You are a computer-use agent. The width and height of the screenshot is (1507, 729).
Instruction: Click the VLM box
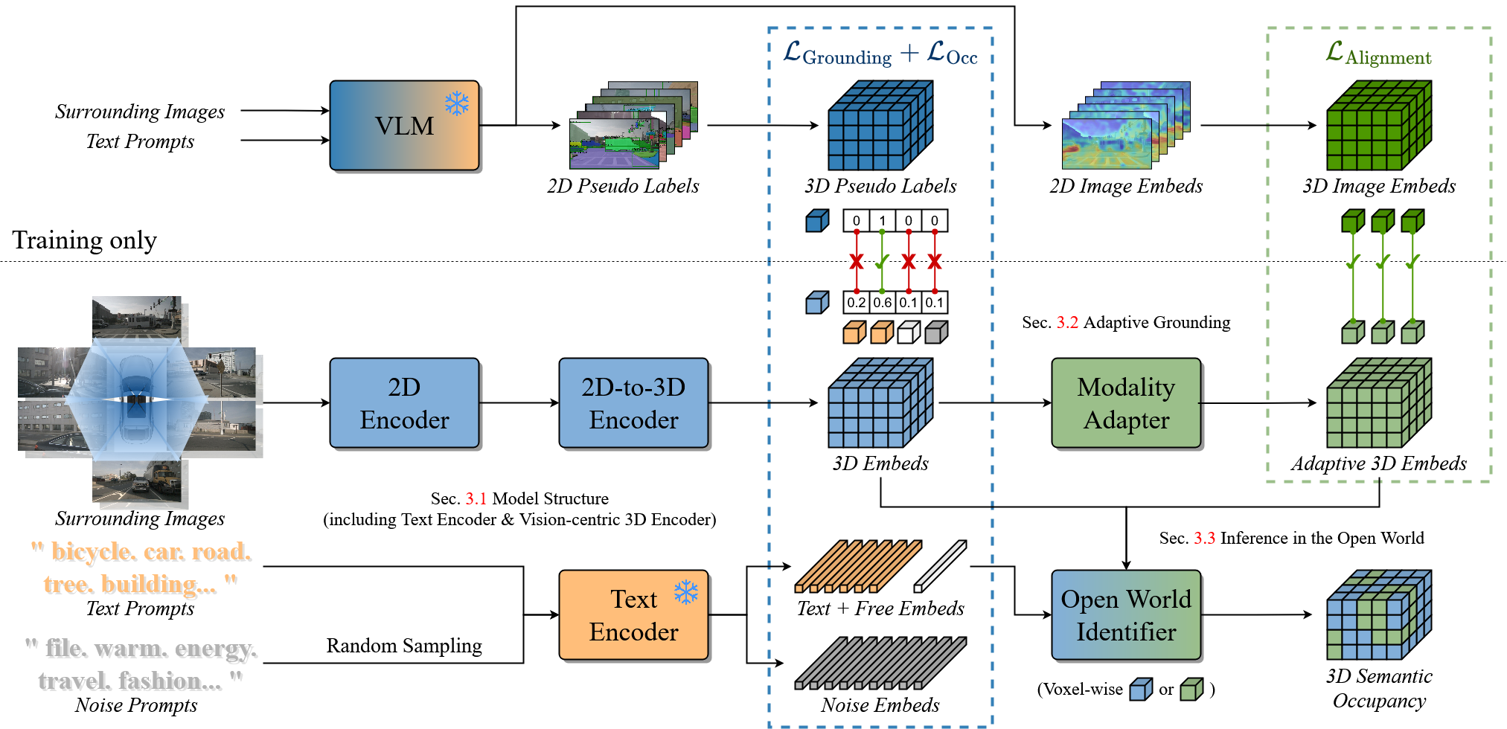(404, 125)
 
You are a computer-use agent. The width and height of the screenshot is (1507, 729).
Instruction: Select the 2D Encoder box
(404, 402)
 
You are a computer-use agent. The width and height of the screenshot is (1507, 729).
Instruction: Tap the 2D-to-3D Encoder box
(633, 402)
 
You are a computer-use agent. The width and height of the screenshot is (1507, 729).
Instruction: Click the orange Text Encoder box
(633, 614)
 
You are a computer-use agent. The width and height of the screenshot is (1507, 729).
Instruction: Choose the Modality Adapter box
(1125, 402)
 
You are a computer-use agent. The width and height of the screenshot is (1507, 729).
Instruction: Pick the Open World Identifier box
(1125, 614)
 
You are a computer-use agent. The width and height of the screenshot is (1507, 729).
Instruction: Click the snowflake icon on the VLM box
(457, 103)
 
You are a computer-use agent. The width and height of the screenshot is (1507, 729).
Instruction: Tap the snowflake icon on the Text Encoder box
(686, 592)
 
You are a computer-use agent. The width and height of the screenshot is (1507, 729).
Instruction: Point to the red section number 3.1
(476, 498)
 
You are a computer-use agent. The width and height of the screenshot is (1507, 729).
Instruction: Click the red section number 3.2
(1067, 322)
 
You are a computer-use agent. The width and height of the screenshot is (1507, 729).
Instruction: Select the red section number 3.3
(1204, 538)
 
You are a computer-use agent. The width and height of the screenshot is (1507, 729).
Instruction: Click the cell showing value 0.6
(883, 302)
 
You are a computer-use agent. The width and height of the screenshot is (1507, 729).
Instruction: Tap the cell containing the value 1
(883, 220)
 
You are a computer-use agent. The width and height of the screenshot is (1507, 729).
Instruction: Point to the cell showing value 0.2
(857, 302)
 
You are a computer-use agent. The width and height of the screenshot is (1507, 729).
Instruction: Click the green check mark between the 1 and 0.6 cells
(883, 262)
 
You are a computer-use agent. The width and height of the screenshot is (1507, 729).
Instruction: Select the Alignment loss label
(1378, 54)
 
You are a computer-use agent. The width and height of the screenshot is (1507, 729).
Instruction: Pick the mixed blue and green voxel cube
(1378, 615)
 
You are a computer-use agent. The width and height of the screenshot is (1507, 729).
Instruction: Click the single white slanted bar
(941, 566)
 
